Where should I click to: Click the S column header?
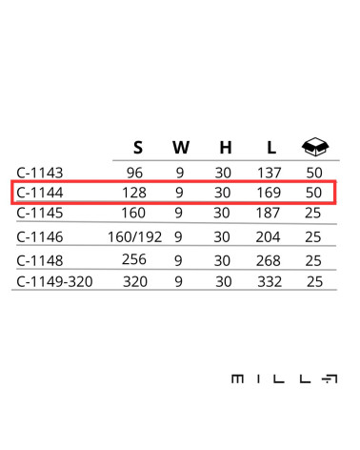(x=138, y=148)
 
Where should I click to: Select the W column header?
(x=181, y=148)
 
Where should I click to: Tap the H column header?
(x=226, y=148)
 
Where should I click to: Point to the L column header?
(x=271, y=148)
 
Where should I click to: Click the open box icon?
(x=315, y=147)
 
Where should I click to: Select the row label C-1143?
(x=40, y=174)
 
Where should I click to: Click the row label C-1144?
(x=40, y=193)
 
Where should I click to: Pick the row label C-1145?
(x=40, y=213)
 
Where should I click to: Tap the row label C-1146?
(x=40, y=237)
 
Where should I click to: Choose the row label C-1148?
(x=40, y=261)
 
